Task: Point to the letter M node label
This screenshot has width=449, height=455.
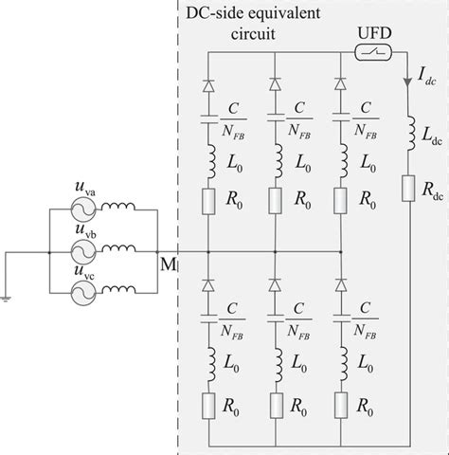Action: tap(168, 263)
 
